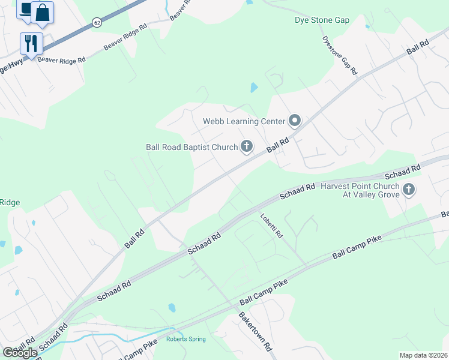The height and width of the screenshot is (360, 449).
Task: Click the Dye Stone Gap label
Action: [x=322, y=20]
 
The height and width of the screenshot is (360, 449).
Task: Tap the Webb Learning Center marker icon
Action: [x=294, y=121]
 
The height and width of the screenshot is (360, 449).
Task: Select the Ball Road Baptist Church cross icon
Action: [x=247, y=146]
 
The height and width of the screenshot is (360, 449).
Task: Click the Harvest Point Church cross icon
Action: [x=409, y=190]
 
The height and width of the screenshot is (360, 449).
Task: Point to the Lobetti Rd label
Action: [x=271, y=226]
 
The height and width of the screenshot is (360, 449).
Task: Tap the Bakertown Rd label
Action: [x=255, y=331]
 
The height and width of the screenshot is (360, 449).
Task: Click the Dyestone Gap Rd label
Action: [x=340, y=56]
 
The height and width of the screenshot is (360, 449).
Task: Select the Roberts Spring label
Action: [x=185, y=339]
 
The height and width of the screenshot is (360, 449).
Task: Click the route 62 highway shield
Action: [x=97, y=22]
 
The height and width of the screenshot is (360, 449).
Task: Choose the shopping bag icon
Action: [x=43, y=13]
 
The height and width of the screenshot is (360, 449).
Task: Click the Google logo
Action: [x=20, y=353]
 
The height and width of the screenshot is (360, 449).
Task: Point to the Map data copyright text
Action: [x=423, y=355]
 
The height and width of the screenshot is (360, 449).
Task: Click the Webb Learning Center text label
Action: [x=243, y=121]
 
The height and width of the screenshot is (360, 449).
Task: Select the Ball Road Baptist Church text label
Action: [x=192, y=147]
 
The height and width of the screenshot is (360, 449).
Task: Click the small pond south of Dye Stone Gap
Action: [x=253, y=88]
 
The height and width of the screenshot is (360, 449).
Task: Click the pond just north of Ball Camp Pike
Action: [x=172, y=308]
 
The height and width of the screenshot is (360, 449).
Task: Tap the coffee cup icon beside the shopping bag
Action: [x=26, y=9]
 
